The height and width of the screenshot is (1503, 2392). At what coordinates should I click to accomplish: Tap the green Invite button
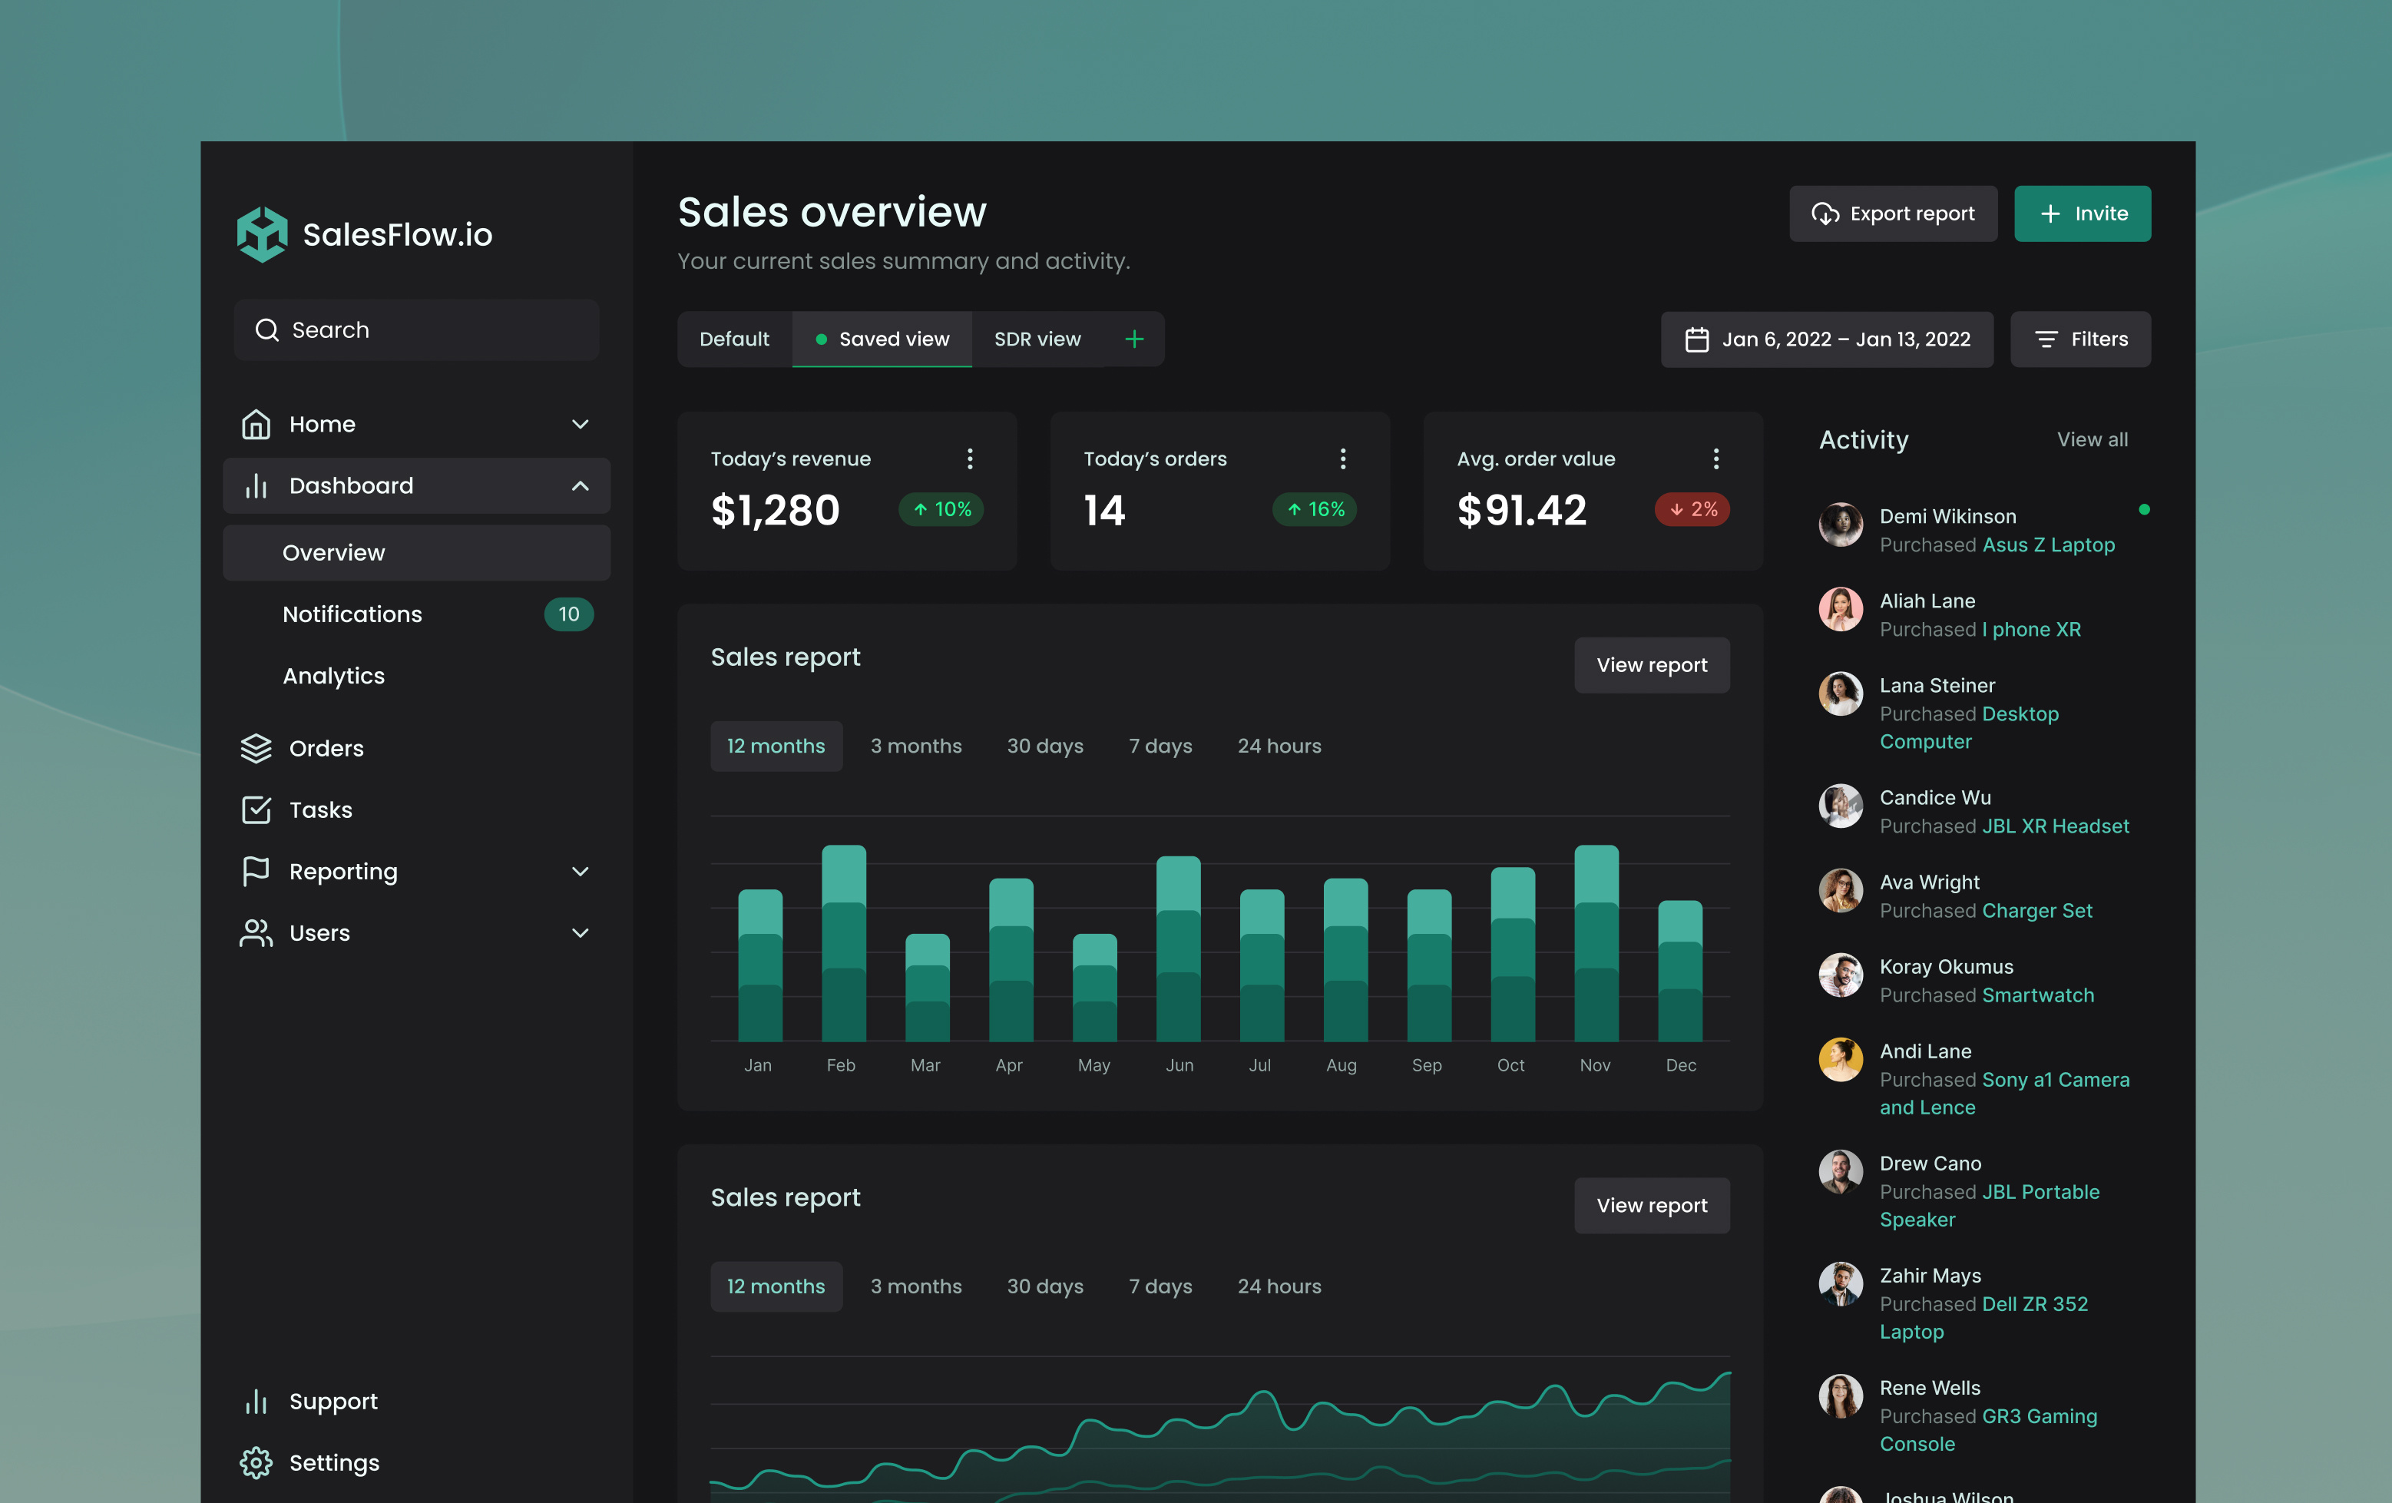pos(2082,214)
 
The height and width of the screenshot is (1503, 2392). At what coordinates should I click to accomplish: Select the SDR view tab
pos(1037,339)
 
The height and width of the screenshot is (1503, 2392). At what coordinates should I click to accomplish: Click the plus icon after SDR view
pos(1134,339)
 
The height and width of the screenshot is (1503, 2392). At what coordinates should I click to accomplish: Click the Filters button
pos(2080,339)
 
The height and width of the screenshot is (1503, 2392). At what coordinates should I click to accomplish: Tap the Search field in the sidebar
pos(417,329)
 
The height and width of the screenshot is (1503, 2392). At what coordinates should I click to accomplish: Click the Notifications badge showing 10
pos(568,614)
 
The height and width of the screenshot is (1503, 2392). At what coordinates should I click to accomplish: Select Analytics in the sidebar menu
pos(334,676)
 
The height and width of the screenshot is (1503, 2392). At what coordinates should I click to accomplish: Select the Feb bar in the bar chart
pos(843,944)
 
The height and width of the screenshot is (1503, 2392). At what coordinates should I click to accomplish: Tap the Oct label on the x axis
pos(1510,1065)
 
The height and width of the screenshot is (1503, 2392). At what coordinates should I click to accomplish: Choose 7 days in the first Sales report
pos(1160,746)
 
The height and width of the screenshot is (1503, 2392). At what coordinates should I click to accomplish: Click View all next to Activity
pos(2092,439)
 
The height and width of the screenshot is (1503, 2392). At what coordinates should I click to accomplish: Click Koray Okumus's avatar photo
pos(1840,975)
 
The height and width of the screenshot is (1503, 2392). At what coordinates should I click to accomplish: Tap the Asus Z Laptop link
pos(2047,545)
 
